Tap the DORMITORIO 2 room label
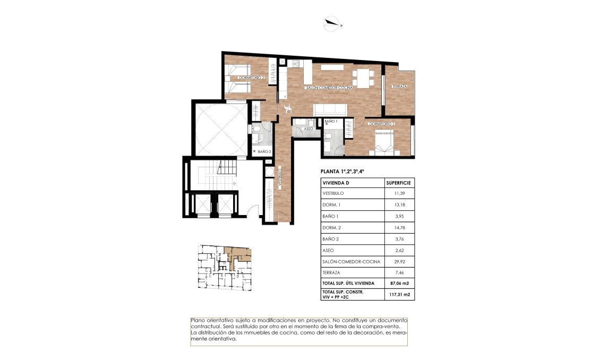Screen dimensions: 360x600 click(252, 78)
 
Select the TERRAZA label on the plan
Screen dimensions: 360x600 click(399, 87)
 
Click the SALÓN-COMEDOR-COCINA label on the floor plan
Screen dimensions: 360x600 click(329, 88)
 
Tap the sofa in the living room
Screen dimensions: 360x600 click(330, 109)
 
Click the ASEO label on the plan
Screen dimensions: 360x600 click(308, 128)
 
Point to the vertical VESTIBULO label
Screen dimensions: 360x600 click(281, 175)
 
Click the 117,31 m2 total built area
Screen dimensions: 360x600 click(399, 294)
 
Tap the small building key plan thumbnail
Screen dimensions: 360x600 click(224, 267)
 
